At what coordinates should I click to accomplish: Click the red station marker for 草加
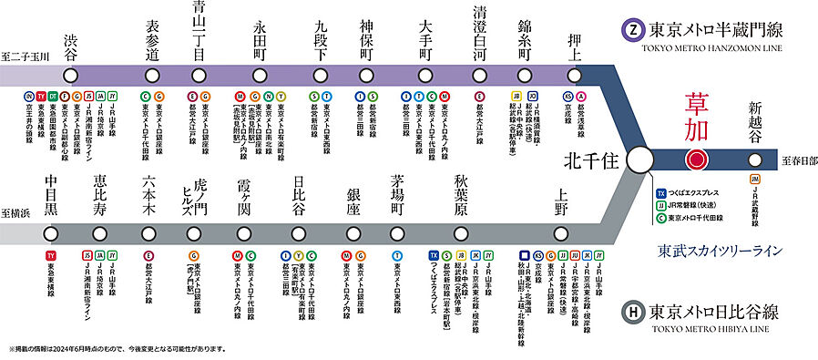[x=697, y=159]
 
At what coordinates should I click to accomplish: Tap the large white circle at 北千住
[x=642, y=159]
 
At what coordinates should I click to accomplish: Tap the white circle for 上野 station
[x=561, y=232]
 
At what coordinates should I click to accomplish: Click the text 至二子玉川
[x=25, y=56]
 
